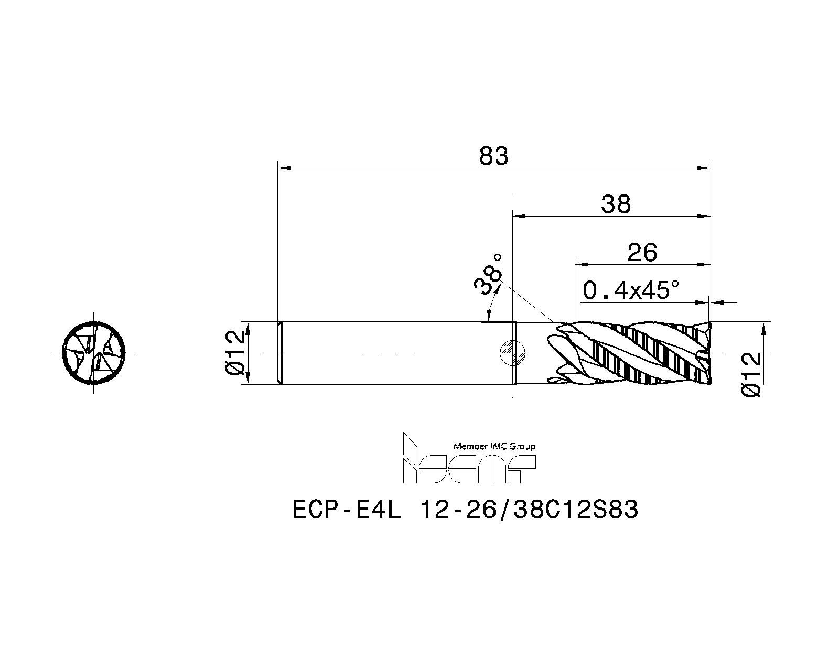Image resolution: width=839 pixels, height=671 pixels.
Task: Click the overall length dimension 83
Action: [493, 156]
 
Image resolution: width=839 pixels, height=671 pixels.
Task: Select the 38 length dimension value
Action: [616, 204]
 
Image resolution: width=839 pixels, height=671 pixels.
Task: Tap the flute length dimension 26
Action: [642, 252]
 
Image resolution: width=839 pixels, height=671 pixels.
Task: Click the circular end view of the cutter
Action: [93, 353]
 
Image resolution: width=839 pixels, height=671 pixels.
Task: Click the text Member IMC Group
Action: [494, 447]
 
